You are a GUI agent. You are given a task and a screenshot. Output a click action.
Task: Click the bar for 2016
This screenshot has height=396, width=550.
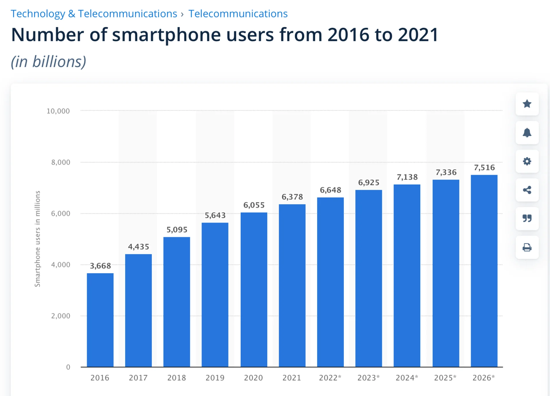pos(100,320)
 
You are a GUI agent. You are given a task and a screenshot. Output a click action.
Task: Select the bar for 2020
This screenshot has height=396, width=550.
pos(254,289)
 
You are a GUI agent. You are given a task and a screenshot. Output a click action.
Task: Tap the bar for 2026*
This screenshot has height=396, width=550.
pos(484,271)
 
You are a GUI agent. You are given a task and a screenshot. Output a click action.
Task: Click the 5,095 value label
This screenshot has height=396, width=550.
pos(177,230)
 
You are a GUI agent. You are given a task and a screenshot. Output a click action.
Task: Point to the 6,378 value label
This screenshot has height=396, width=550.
pos(292,197)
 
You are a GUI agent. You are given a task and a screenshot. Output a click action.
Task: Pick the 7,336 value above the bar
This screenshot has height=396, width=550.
pos(446,172)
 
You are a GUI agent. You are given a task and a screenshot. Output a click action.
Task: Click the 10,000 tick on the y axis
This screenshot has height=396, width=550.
pos(58,111)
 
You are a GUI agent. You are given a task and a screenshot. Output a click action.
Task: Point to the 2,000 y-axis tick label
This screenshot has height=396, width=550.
pos(60,316)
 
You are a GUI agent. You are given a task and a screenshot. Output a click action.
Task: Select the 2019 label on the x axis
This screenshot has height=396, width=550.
pos(215,378)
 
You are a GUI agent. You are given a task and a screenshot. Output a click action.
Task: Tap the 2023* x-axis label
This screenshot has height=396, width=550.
pos(368,378)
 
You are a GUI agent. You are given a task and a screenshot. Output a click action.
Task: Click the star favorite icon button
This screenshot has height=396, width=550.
pos(527,104)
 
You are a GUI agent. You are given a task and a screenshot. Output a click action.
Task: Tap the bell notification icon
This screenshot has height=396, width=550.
pos(527,133)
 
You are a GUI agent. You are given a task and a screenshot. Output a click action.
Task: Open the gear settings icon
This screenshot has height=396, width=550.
pos(527,161)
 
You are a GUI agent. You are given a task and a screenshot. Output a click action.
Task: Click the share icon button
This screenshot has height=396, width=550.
pos(527,190)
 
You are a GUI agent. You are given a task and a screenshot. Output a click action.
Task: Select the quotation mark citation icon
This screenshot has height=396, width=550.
pos(527,218)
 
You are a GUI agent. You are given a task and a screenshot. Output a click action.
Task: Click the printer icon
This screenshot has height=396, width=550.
pos(527,247)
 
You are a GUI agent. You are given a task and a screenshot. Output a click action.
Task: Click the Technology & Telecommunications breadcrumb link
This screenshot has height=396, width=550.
pos(94,14)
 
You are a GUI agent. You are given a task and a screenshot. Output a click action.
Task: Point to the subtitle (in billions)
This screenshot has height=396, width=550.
pos(48,62)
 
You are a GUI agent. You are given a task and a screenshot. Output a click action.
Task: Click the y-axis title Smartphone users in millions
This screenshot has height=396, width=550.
pos(38,239)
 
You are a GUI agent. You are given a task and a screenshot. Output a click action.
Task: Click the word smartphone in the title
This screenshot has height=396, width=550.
pos(166,35)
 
